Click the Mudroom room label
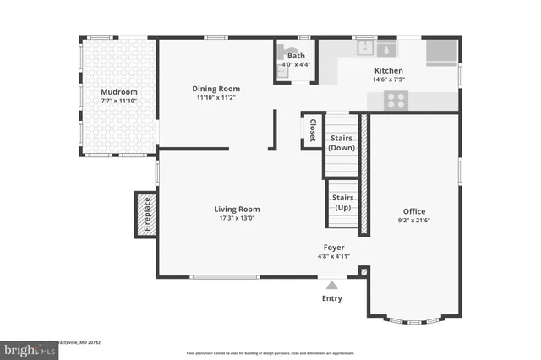click(x=118, y=92)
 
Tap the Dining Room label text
click(x=216, y=89)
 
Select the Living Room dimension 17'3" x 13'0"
click(x=236, y=218)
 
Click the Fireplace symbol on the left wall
click(x=144, y=215)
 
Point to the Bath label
click(x=295, y=56)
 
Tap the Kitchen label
click(x=389, y=71)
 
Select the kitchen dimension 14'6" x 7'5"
click(x=389, y=80)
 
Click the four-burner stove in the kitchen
click(x=396, y=101)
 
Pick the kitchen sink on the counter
click(x=367, y=46)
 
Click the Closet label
click(x=312, y=131)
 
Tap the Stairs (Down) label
click(x=341, y=141)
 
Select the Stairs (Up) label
click(x=343, y=202)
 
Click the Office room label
click(x=414, y=211)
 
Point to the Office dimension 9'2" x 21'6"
click(x=414, y=221)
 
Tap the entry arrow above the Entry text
click(x=332, y=285)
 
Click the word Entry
click(x=332, y=298)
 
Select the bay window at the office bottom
click(x=413, y=320)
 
